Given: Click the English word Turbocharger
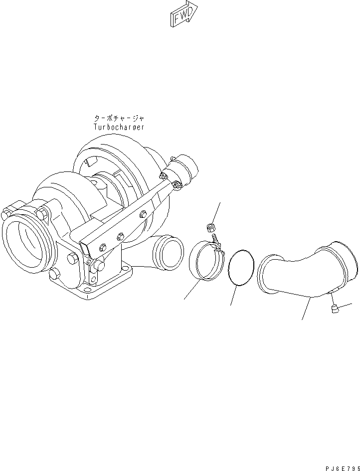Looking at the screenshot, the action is tap(119, 127).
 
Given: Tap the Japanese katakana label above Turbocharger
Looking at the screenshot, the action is tap(119, 119).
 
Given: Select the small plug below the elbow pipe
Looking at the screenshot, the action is tap(335, 311).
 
